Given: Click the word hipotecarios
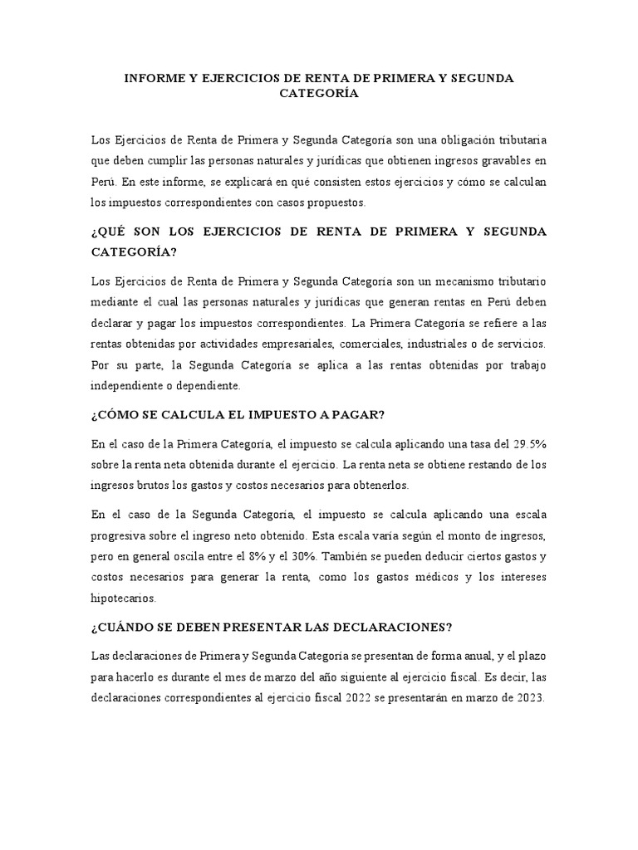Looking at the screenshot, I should point(122,598).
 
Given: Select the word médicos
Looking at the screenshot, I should point(458,577).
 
